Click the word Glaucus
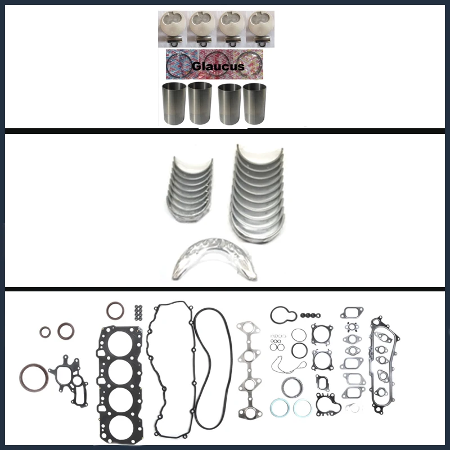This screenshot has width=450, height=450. [x=218, y=66]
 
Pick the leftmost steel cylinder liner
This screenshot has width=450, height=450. [x=173, y=103]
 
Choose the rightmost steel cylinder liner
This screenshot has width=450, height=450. [x=255, y=103]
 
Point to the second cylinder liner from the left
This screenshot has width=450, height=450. [x=200, y=103]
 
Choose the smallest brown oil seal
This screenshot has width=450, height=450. [x=45, y=332]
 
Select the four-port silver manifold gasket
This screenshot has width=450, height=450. [x=247, y=360]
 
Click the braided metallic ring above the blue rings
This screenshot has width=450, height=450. [x=291, y=386]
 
